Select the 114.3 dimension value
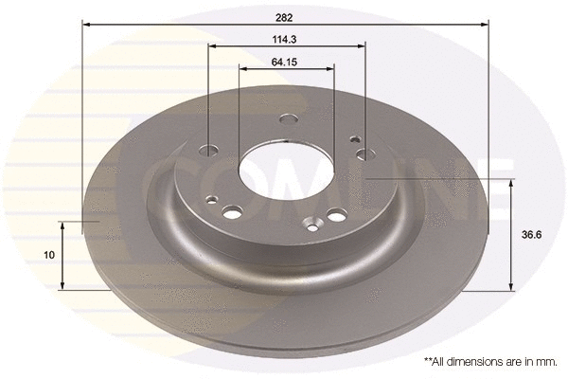pyautogui.click(x=286, y=39)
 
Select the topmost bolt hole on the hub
pyautogui.click(x=290, y=118)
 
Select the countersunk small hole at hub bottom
pyautogui.click(x=310, y=225)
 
